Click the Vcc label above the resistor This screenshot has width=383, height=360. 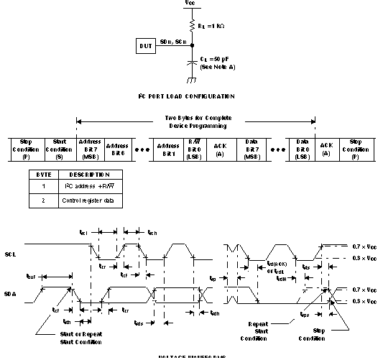click(189, 4)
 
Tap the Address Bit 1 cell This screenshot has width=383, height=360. click(168, 147)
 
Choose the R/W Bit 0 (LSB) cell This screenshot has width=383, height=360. click(193, 147)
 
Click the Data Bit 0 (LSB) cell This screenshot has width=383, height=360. click(302, 147)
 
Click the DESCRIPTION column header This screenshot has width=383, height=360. click(89, 175)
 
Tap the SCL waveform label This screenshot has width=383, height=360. click(10, 254)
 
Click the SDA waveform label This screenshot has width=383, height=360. click(10, 294)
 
